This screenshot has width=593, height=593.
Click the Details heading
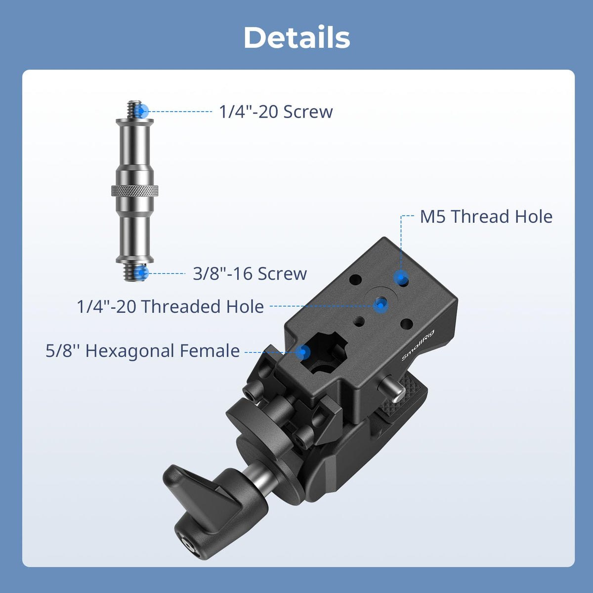pos(296,37)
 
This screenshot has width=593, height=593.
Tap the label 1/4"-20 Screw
pos(276,111)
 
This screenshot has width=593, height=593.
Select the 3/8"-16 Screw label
pos(250,273)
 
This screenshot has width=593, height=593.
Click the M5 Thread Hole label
pos(486,216)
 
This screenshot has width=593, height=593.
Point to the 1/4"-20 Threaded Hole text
pos(170,306)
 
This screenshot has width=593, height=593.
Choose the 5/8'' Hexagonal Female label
pos(142,351)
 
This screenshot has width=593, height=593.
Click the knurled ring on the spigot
pos(135,190)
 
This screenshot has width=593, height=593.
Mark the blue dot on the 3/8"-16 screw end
pos(141,273)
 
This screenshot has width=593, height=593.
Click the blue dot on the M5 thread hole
pos(401,278)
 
